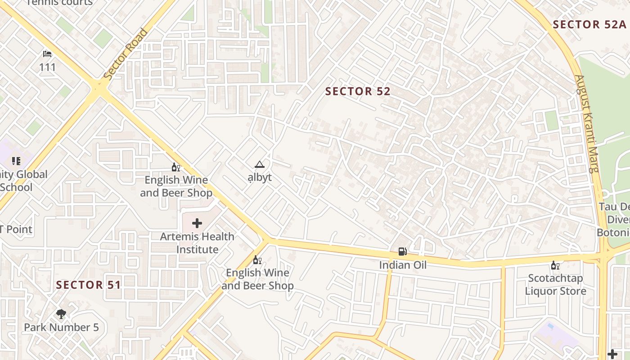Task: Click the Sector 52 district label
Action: click(358, 91)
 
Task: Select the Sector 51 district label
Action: click(89, 285)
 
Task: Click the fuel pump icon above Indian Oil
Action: click(402, 252)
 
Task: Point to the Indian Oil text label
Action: click(402, 265)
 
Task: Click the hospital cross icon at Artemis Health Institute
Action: click(197, 223)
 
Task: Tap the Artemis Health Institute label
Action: click(197, 243)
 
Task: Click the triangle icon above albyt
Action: click(259, 165)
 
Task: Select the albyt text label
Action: click(260, 177)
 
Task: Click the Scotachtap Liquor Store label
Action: click(555, 285)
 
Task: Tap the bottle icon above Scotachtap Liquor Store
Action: click(555, 265)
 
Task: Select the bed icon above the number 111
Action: click(47, 54)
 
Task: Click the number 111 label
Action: click(47, 67)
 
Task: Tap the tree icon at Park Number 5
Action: click(61, 314)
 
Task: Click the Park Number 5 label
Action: click(61, 328)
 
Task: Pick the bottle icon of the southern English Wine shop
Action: click(257, 260)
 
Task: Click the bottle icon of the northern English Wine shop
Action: click(176, 167)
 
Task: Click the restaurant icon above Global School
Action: click(16, 161)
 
